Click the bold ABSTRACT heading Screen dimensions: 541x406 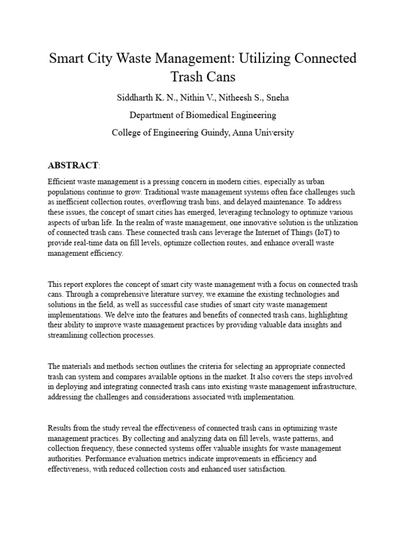pyautogui.click(x=72, y=166)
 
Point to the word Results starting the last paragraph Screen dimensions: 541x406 pyautogui.click(x=60, y=427)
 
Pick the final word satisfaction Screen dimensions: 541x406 pyautogui.click(x=267, y=468)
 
